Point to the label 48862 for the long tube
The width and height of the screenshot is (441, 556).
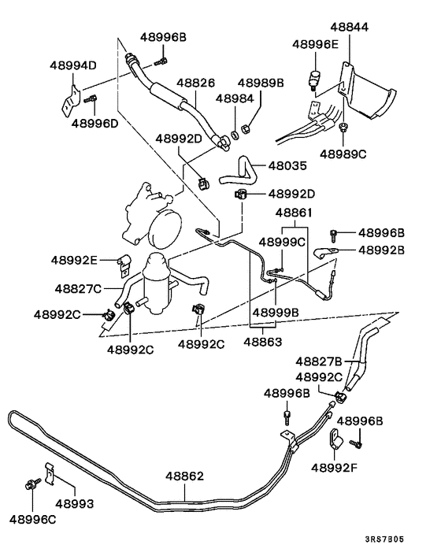tap(184, 476)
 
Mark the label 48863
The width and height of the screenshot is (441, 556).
tap(263, 342)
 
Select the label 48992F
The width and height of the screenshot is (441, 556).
tap(336, 467)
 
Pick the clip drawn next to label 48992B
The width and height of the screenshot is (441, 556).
tap(323, 253)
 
